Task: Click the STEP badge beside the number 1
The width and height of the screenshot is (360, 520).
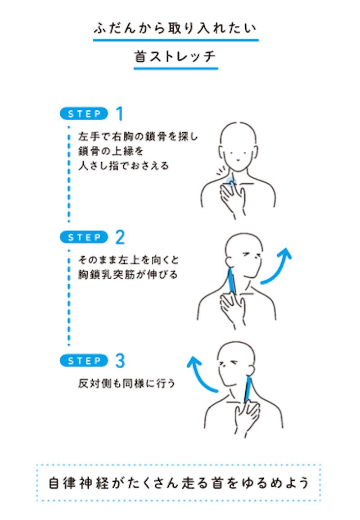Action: [84, 114]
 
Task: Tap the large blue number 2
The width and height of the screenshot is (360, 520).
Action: [120, 237]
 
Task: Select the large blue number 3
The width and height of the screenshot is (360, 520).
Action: [120, 361]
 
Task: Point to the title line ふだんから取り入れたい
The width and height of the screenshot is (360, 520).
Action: [175, 28]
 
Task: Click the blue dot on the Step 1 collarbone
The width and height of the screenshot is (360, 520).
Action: [230, 181]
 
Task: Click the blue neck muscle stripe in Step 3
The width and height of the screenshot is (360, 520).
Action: [247, 390]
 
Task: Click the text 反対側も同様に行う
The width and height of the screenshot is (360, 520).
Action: [126, 384]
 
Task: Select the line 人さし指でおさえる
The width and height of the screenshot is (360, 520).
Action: [124, 166]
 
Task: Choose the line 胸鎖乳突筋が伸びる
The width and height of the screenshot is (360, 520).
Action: [128, 275]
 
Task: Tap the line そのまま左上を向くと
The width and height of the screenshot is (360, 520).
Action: [129, 260]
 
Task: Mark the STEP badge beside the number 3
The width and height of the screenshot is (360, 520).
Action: [84, 361]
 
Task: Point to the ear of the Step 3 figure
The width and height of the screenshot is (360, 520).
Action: [251, 370]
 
